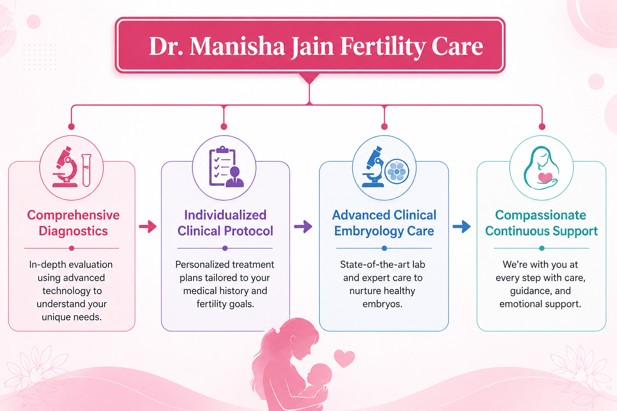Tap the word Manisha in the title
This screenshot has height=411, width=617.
tap(237, 46)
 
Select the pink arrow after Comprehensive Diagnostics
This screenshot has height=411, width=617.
tap(148, 226)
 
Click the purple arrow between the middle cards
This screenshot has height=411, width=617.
tap(303, 226)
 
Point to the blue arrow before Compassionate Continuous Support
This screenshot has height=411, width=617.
tap(462, 226)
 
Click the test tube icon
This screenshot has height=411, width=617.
tap(86, 171)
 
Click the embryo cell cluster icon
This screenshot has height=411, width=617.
tap(396, 171)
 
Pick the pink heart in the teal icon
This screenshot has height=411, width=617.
tap(545, 177)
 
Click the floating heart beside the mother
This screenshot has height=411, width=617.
tap(344, 358)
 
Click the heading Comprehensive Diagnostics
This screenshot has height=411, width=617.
tap(73, 223)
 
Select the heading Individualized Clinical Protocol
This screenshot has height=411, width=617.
tap(225, 223)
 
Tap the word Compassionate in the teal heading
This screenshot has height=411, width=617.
tap(541, 215)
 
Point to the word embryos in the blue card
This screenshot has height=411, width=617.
tap(382, 304)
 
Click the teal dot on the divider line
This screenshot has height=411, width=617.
tap(542, 248)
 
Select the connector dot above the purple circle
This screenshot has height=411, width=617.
tap(224, 126)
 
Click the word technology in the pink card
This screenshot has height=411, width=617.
tap(72, 291)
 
